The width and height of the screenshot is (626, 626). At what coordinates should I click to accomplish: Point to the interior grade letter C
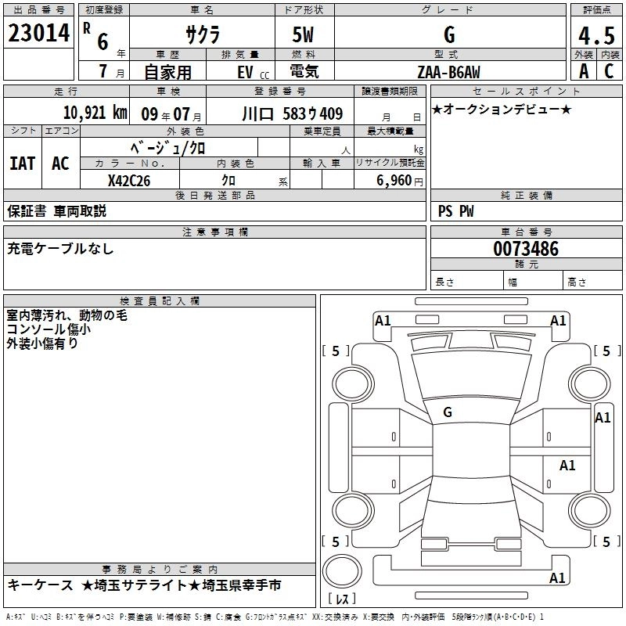609,70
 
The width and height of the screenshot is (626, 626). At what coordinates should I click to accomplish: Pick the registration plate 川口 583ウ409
292,113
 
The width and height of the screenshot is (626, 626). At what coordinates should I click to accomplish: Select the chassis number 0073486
526,250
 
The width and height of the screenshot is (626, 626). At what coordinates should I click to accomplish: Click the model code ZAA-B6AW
448,72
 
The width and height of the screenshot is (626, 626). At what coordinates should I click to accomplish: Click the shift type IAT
23,163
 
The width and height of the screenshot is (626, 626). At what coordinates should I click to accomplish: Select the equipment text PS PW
456,210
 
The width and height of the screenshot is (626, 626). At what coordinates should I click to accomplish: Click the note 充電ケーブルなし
61,249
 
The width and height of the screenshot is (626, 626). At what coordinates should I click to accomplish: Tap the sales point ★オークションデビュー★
502,109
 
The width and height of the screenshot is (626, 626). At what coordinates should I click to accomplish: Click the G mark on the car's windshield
448,412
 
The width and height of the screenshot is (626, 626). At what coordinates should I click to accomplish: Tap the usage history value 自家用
168,72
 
